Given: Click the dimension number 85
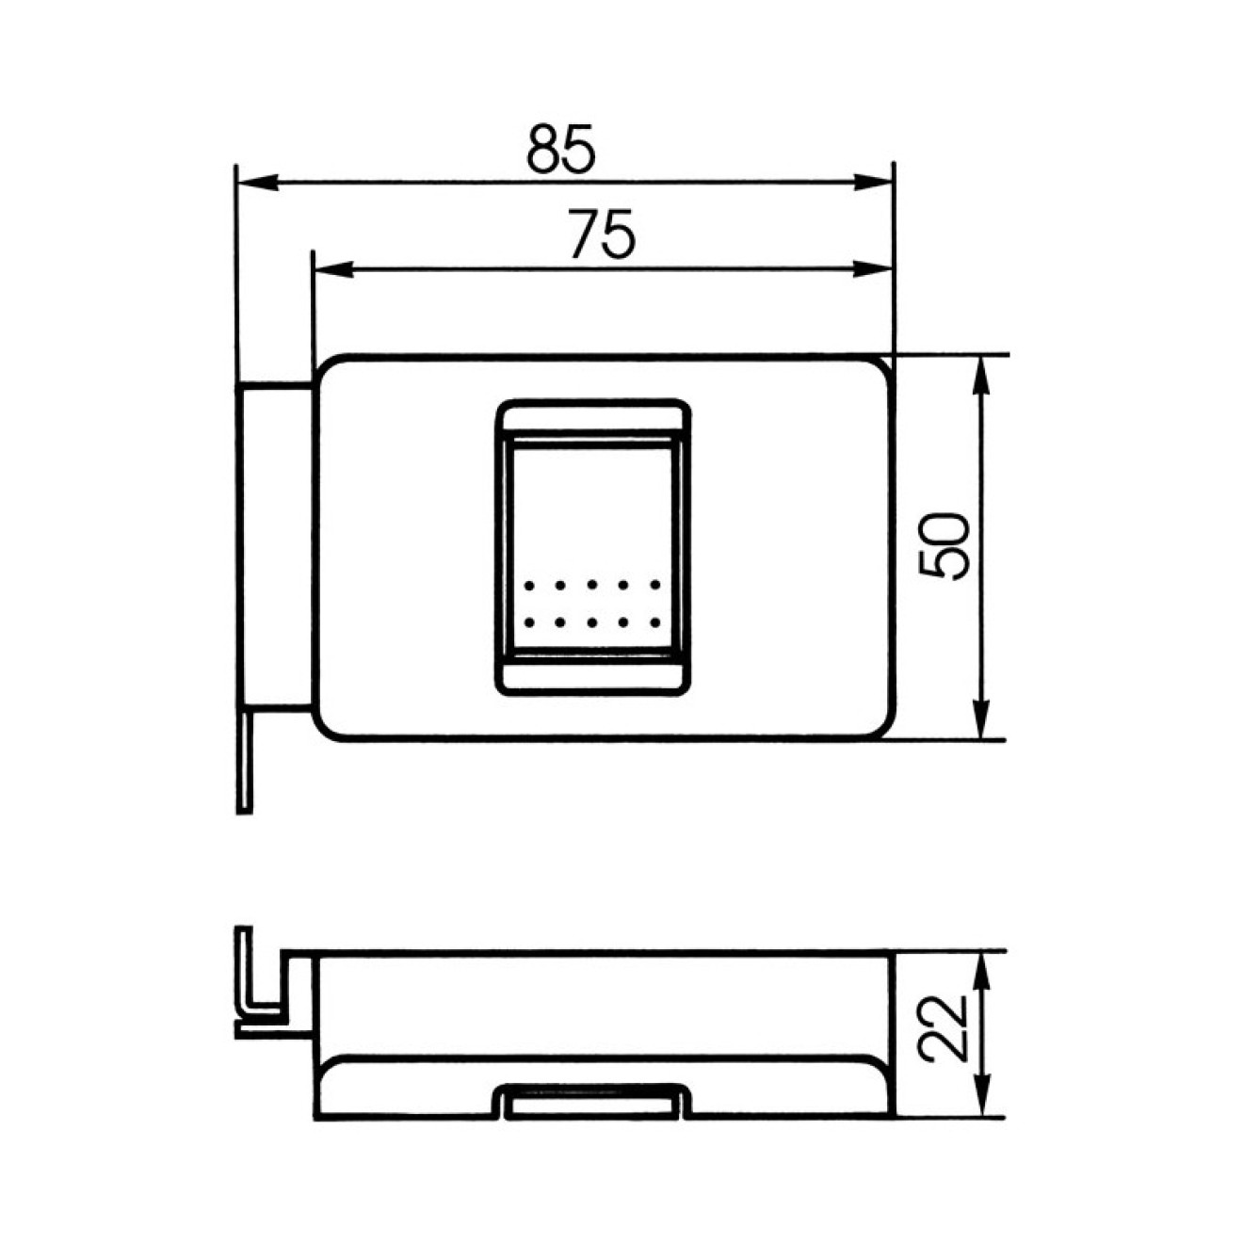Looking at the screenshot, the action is coord(560,149).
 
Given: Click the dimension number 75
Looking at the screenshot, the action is coord(603,234).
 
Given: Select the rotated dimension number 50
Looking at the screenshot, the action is coord(944,546).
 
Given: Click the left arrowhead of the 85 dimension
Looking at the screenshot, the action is coord(259,183).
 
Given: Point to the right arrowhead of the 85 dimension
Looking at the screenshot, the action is coord(872,183).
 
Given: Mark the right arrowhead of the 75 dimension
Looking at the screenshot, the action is coord(872,269).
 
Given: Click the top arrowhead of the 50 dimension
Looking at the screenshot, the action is coord(980,376).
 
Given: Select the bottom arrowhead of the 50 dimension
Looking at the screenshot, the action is coord(980,718).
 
